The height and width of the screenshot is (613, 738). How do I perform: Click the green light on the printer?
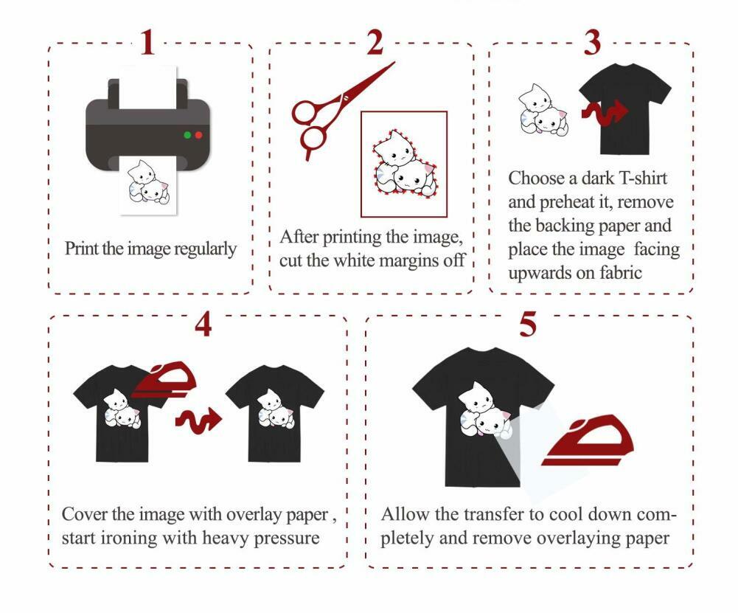pyautogui.click(x=187, y=135)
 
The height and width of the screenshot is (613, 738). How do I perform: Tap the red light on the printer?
pyautogui.click(x=199, y=135)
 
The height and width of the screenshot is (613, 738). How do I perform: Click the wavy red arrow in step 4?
pyautogui.click(x=198, y=420)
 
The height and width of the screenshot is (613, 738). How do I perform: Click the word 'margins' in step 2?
pyautogui.click(x=408, y=260)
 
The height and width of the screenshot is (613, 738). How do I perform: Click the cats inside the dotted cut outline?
pyautogui.click(x=402, y=164)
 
